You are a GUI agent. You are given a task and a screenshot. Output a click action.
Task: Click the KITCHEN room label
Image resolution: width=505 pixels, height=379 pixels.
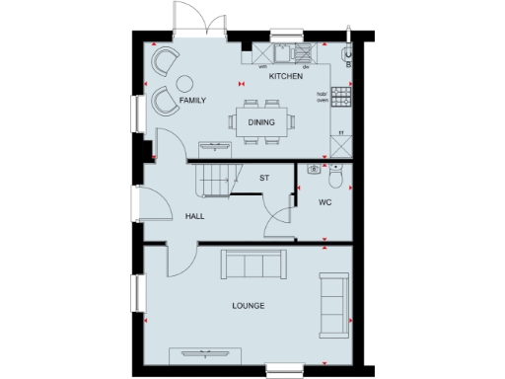(x=286, y=76)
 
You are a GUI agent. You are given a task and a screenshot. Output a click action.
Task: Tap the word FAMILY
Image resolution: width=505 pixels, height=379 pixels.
(x=193, y=100)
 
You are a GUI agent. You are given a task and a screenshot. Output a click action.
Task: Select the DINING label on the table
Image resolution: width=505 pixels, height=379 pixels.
(x=261, y=122)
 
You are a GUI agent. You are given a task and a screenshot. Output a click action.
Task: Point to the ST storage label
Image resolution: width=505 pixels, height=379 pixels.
(x=263, y=179)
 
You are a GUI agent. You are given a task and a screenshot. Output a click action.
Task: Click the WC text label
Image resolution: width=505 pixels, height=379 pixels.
(x=325, y=202)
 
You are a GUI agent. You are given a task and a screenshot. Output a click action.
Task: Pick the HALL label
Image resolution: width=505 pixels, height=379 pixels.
(x=194, y=216)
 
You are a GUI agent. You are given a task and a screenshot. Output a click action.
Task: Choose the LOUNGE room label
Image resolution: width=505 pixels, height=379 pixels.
(x=249, y=306)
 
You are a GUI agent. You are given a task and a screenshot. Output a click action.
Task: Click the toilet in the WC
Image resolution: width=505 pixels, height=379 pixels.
(x=336, y=179)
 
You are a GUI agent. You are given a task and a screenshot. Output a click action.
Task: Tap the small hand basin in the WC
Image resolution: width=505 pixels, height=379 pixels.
(x=314, y=169)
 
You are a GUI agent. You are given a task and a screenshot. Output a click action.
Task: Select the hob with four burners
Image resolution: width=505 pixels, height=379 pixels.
(x=342, y=97)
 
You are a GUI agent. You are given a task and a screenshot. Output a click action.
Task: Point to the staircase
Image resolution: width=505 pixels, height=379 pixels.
(x=213, y=181)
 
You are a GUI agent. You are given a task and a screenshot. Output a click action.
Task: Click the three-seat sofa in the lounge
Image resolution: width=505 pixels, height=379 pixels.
(x=253, y=264)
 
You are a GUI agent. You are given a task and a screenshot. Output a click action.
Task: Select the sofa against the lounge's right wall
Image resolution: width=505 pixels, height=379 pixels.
(x=332, y=303)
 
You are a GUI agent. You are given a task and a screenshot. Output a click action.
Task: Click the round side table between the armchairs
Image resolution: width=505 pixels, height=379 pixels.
(x=164, y=81)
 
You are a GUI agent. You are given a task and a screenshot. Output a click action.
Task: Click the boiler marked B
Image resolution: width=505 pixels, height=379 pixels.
(x=347, y=58)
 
